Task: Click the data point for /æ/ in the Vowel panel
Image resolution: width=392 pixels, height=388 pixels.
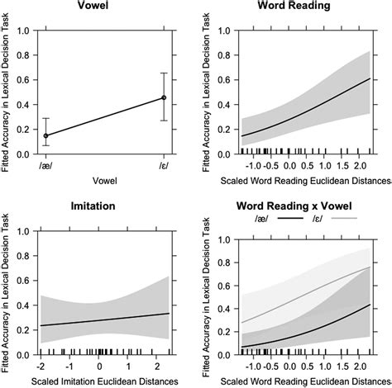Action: click(45, 135)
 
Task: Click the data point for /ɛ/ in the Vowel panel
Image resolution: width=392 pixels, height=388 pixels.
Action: click(164, 97)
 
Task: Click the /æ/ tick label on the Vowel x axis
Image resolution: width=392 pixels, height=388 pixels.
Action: click(45, 165)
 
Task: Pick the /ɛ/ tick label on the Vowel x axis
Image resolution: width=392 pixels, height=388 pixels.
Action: click(164, 165)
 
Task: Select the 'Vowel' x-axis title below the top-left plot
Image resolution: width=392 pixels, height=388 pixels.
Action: click(104, 179)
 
